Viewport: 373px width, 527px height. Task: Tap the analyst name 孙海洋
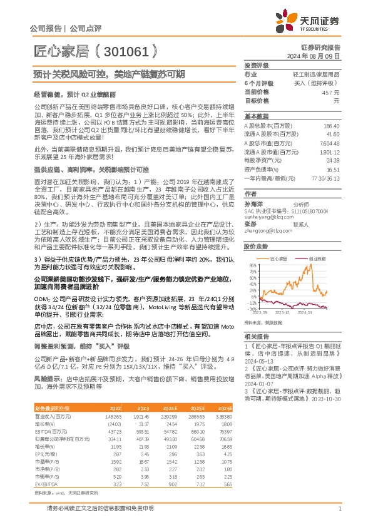tap(252, 205)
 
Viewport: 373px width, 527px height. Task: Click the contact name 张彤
tap(250, 224)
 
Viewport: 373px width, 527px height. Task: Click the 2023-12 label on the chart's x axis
tap(284, 312)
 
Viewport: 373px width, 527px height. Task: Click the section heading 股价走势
tap(257, 247)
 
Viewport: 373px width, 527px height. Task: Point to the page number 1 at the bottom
tap(339, 510)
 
